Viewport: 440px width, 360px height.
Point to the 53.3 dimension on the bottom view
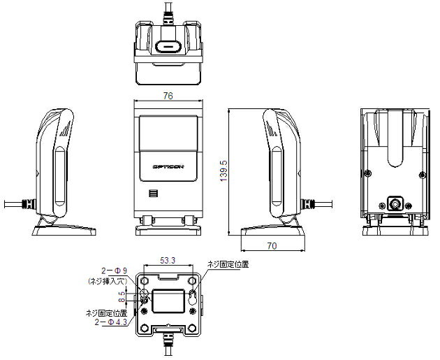click(168, 259)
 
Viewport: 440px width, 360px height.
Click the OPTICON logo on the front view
click(168, 166)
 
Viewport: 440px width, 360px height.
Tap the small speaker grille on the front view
click(152, 194)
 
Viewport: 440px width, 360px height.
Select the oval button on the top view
click(168, 46)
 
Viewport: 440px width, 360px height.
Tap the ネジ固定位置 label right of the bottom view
click(228, 264)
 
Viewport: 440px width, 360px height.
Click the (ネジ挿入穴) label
click(106, 280)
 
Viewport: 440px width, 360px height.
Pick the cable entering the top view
click(168, 13)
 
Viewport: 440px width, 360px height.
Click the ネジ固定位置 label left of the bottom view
click(105, 312)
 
